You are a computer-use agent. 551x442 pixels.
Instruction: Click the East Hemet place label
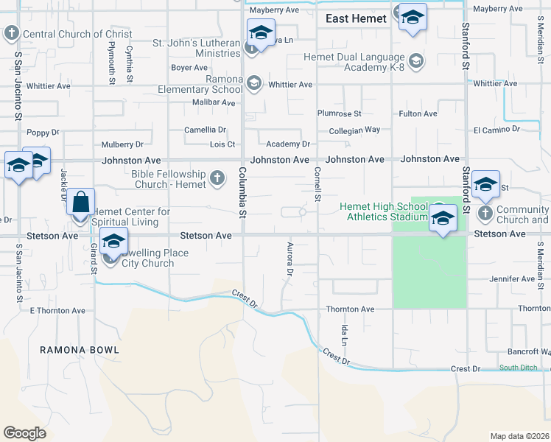pyautogui.click(x=356, y=19)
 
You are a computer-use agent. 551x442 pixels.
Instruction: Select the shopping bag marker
pyautogui.click(x=81, y=201)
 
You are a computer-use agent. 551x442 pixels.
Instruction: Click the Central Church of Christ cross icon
pyautogui.click(x=12, y=33)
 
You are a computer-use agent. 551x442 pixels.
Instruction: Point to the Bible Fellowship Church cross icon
pyautogui.click(x=217, y=178)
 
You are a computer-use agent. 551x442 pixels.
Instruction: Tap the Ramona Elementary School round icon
pyautogui.click(x=254, y=83)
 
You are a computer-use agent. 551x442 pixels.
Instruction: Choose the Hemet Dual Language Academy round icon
pyautogui.click(x=416, y=60)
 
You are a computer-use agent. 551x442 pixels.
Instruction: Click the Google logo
pyautogui.click(x=24, y=432)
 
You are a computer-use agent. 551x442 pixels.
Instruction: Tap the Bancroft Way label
pyautogui.click(x=524, y=351)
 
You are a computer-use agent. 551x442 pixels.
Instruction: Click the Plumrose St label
pyautogui.click(x=339, y=113)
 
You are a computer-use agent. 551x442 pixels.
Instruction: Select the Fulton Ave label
pyautogui.click(x=418, y=113)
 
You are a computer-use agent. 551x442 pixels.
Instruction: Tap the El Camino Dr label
pyautogui.click(x=496, y=130)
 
